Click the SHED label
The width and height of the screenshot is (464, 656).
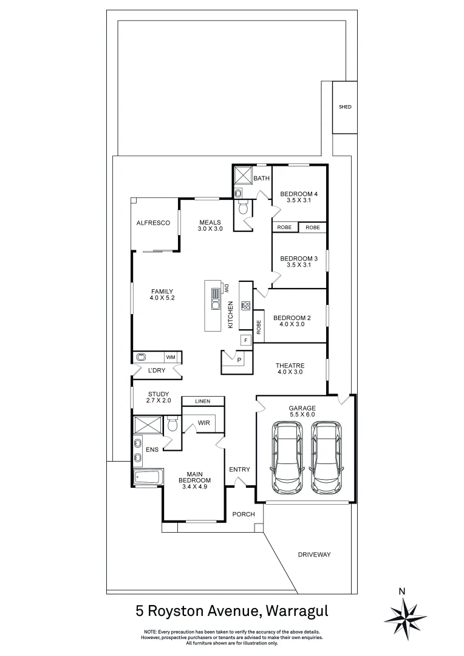(x=345, y=107)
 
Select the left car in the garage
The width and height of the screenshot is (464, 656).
(x=287, y=457)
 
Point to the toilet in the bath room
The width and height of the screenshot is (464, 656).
(x=243, y=208)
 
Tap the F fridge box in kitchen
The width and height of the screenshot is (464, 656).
(x=245, y=340)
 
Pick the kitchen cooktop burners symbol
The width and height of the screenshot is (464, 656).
(x=245, y=306)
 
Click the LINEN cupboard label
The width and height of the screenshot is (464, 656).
(x=202, y=401)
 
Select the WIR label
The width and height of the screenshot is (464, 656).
(x=203, y=422)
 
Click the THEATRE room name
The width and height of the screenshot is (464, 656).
(x=290, y=364)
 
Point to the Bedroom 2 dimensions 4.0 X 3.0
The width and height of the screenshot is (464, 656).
(x=292, y=324)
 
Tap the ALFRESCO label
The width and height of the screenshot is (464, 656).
(x=152, y=223)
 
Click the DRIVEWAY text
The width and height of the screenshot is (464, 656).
(x=314, y=555)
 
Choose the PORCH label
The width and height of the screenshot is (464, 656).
(x=244, y=514)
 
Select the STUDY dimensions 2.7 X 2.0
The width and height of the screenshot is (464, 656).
(x=159, y=401)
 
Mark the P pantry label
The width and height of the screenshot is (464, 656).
(x=239, y=360)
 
